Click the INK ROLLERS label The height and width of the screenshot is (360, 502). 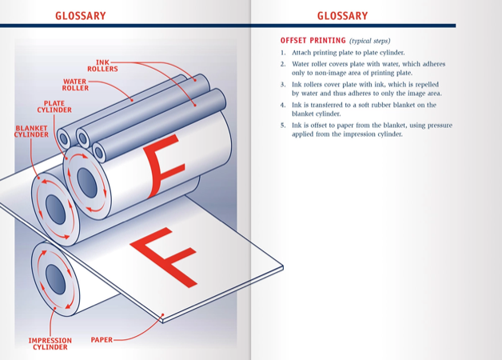(x=102, y=66)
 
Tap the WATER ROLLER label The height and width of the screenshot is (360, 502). (x=75, y=84)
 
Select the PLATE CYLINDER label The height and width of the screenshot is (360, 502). (x=54, y=106)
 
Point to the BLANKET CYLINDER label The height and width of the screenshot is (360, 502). (x=30, y=131)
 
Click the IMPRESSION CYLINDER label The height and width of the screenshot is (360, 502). (x=50, y=344)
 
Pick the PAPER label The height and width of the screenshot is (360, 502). (x=102, y=340)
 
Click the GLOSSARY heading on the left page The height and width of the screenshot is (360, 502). (x=80, y=15)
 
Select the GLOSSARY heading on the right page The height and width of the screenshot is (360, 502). (x=342, y=15)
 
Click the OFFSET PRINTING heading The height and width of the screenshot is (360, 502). (x=313, y=41)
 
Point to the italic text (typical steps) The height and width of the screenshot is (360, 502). (x=370, y=41)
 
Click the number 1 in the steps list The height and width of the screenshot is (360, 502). (x=283, y=53)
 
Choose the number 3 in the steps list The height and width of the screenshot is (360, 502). (x=283, y=84)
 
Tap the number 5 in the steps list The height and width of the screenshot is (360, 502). (x=283, y=125)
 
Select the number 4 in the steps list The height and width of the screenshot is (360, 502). (x=283, y=105)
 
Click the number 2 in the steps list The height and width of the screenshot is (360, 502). (x=283, y=64)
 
